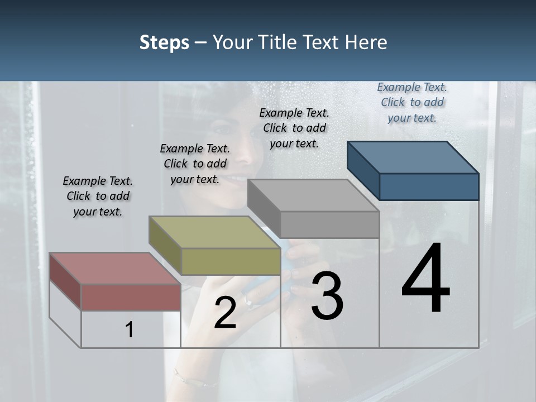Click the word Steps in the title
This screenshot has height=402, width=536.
164,42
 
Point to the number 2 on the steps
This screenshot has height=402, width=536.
225,312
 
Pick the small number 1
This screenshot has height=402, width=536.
130,329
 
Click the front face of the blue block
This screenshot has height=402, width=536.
429,186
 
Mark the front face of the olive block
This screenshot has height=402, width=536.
231,261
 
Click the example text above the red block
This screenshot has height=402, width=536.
98,196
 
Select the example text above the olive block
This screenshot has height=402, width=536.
195,164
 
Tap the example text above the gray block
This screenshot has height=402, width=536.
294,128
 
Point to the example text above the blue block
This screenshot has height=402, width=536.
412,102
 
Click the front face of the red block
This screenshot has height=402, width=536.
131,297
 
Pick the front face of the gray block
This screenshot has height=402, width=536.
329,224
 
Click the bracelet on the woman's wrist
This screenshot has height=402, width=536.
193,379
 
